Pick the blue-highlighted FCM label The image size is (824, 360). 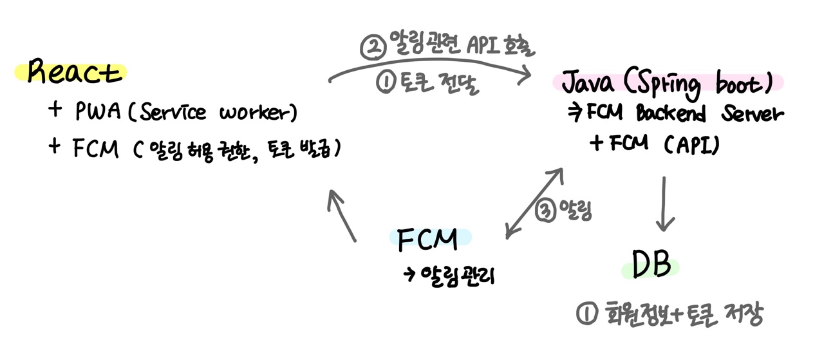point(427,238)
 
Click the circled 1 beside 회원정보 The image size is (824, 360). point(586,314)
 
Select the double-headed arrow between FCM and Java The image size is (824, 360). point(534,203)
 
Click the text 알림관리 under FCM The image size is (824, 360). point(450,276)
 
